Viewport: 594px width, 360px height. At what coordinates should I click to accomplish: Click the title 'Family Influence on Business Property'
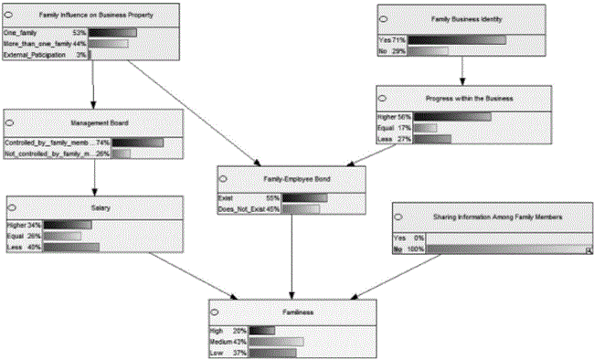80,16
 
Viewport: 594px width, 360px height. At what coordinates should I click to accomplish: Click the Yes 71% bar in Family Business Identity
456,40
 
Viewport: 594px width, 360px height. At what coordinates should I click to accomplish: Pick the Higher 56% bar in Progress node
452,116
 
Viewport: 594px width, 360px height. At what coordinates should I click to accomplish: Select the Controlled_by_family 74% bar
137,143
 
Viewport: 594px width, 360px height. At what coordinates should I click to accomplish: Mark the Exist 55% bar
304,197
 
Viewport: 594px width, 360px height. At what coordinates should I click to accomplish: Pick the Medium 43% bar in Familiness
275,341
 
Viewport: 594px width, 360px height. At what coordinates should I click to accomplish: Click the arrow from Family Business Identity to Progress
463,71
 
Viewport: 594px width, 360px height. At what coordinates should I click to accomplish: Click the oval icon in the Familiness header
217,312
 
